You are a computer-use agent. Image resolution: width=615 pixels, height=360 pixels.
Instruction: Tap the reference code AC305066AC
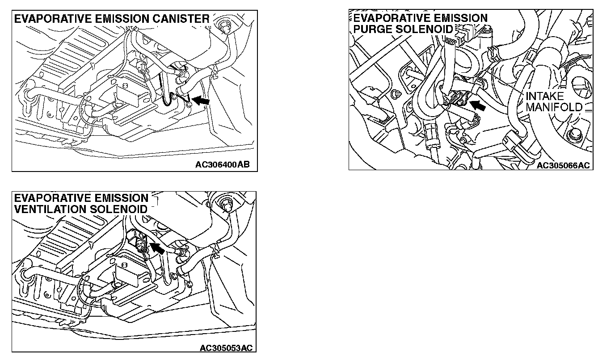tap(563, 165)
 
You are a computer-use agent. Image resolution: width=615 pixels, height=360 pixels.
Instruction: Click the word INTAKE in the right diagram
tap(544, 96)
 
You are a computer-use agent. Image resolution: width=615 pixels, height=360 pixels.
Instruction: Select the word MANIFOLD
tap(554, 107)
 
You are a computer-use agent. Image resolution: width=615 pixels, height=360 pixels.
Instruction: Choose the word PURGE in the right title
tap(372, 29)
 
